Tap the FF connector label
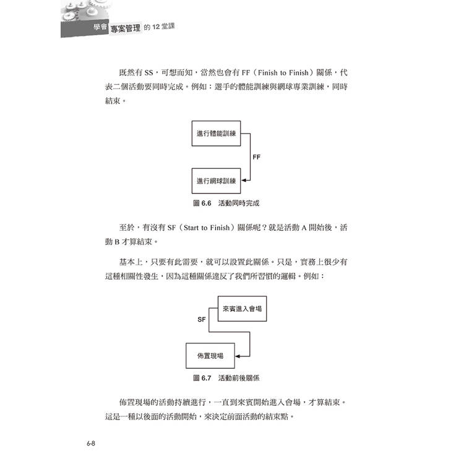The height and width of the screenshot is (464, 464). click(257, 157)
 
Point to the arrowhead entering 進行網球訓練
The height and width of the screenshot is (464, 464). click(244, 180)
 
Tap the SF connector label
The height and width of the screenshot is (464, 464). click(202, 320)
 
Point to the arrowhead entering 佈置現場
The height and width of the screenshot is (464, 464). click(238, 356)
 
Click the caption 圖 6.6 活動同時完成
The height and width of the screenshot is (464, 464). click(226, 204)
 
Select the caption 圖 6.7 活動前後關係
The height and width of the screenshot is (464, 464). click(226, 378)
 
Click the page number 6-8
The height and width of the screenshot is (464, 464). click(91, 444)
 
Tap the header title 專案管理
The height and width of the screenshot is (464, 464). click(126, 28)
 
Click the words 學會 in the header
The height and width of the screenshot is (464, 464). click(100, 27)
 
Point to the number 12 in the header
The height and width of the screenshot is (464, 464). click(156, 27)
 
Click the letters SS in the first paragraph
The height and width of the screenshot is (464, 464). click(148, 73)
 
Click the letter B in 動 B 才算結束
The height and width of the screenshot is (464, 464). click(117, 242)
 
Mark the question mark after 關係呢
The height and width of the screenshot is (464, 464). click(265, 228)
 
